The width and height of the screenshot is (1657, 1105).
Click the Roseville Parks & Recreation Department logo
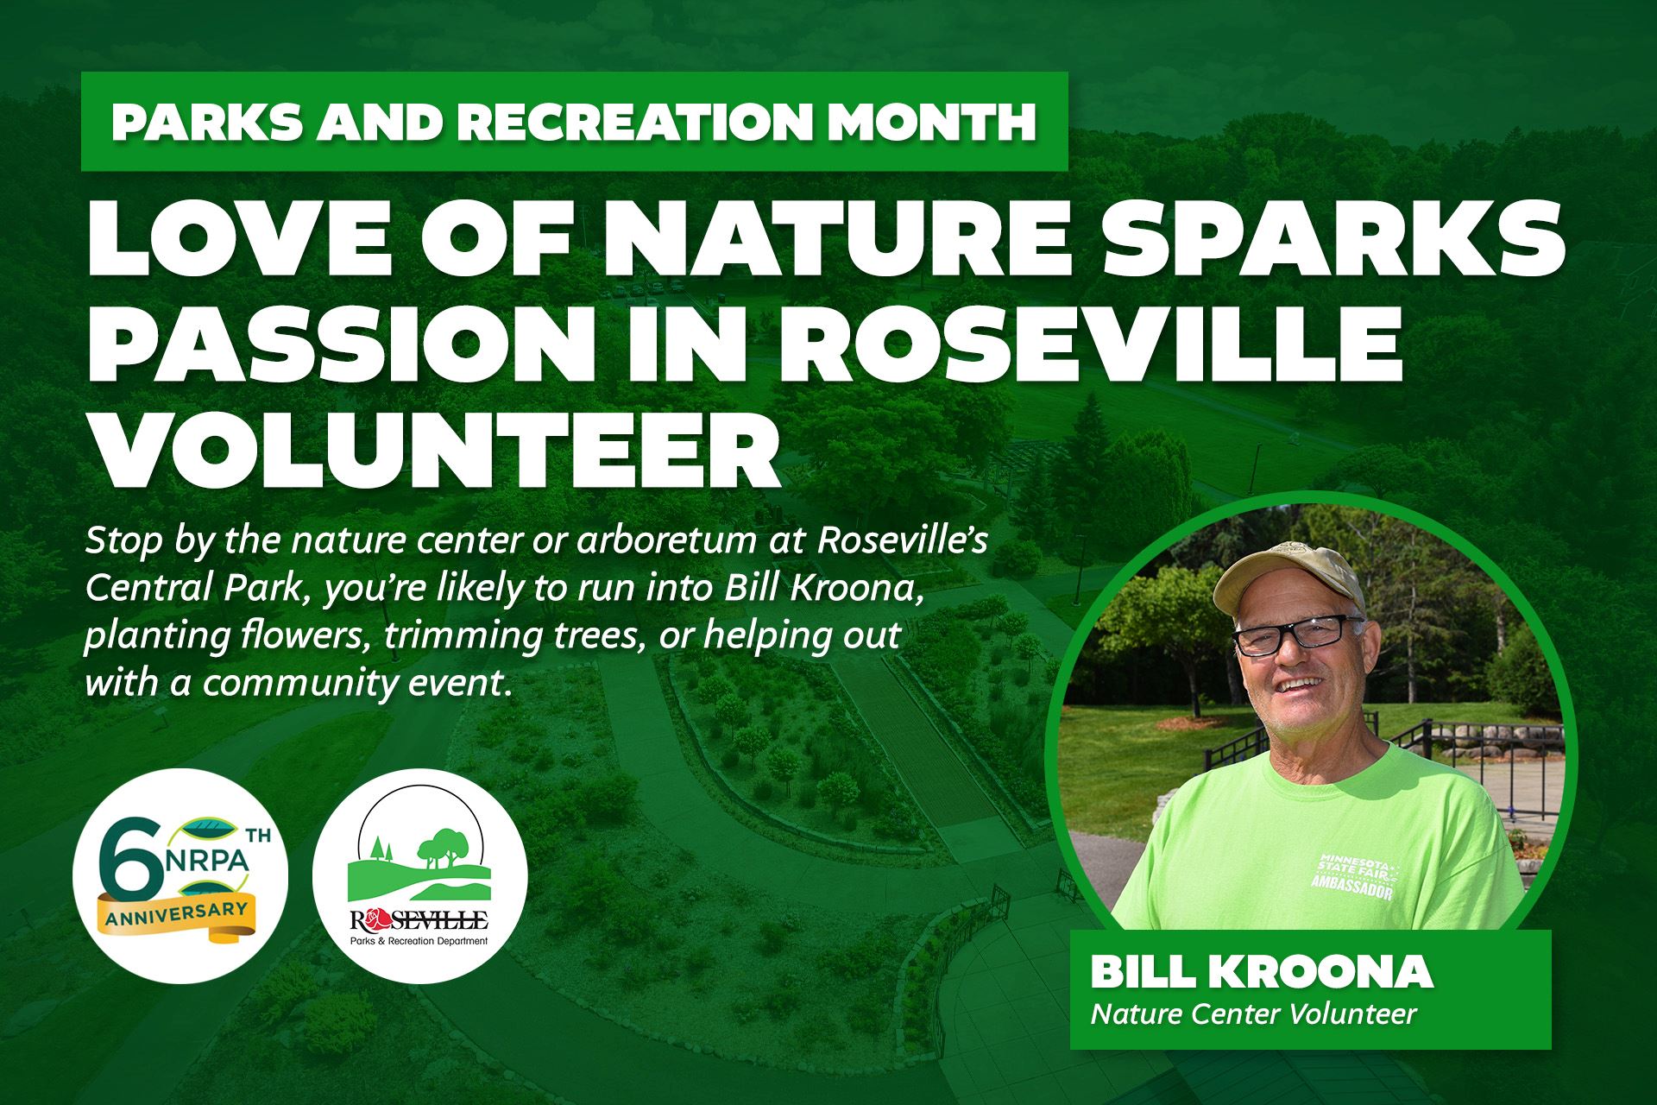click(419, 876)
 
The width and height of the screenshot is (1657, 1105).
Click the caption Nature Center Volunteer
click(1253, 1013)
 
